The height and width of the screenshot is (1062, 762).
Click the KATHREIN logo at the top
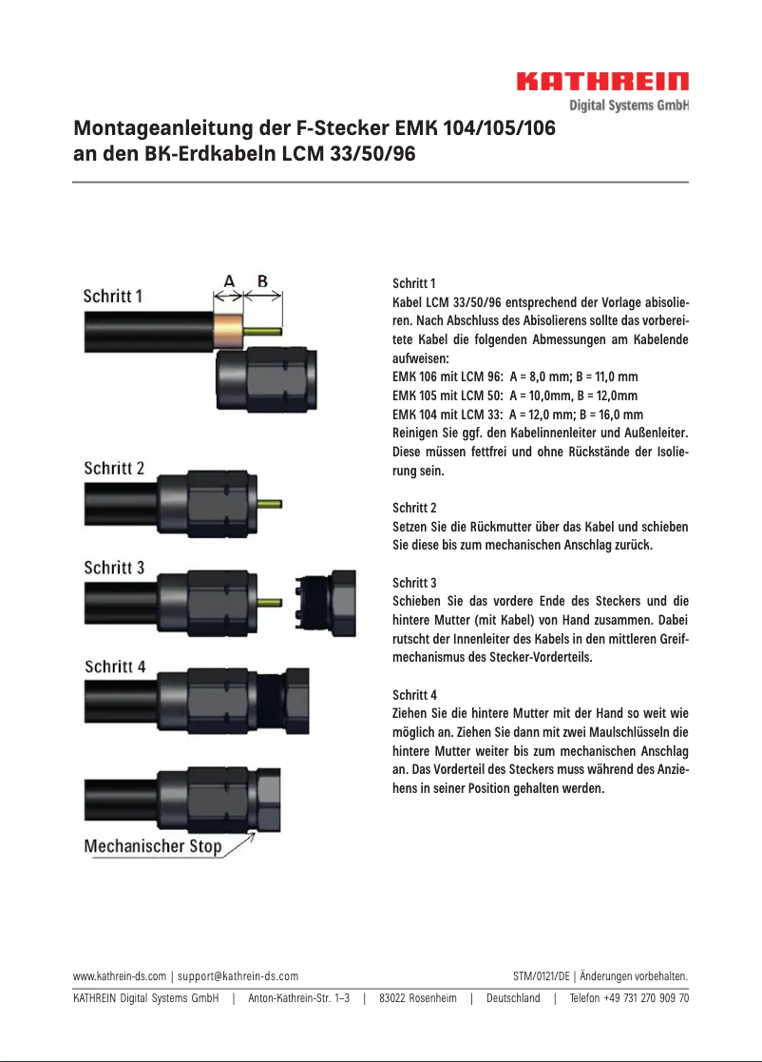pos(601,83)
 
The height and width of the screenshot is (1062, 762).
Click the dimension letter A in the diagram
pos(229,280)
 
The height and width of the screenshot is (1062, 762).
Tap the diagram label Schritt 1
pos(113,296)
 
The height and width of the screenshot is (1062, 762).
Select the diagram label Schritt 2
pos(114,469)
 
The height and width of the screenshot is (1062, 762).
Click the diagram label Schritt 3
pos(114,568)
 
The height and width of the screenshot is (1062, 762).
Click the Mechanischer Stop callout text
pos(153,846)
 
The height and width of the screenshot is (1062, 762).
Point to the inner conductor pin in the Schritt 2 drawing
pos(270,503)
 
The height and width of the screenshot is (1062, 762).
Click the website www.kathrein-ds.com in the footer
pos(120,975)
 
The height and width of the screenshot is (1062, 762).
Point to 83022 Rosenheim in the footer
pos(418,998)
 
